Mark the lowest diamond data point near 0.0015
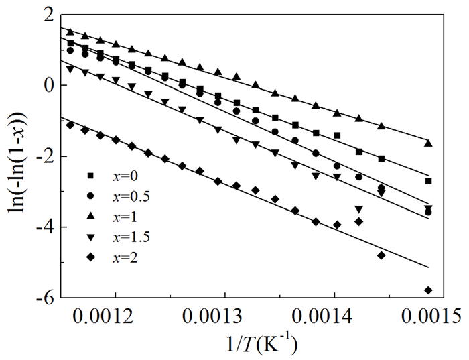click(428, 290)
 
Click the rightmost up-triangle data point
click(428, 143)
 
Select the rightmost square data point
click(428, 181)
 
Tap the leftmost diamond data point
click(70, 125)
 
